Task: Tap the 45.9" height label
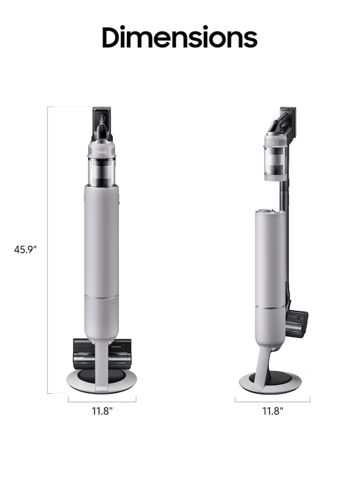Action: click(26, 249)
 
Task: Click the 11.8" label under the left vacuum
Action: click(102, 411)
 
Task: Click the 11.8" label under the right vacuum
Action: click(272, 411)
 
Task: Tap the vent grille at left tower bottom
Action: click(102, 339)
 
